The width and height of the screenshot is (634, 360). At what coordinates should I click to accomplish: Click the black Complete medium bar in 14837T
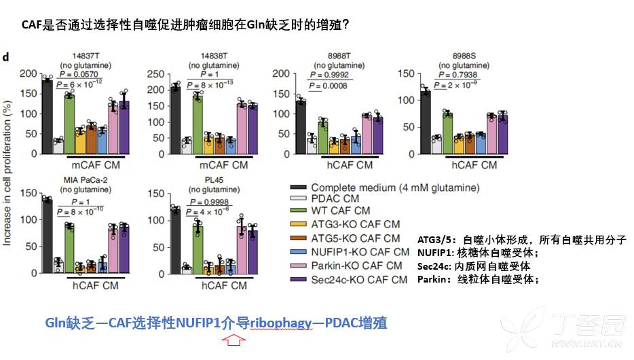pos(47,116)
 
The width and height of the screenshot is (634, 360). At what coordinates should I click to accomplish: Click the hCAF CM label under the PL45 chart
pos(223,286)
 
